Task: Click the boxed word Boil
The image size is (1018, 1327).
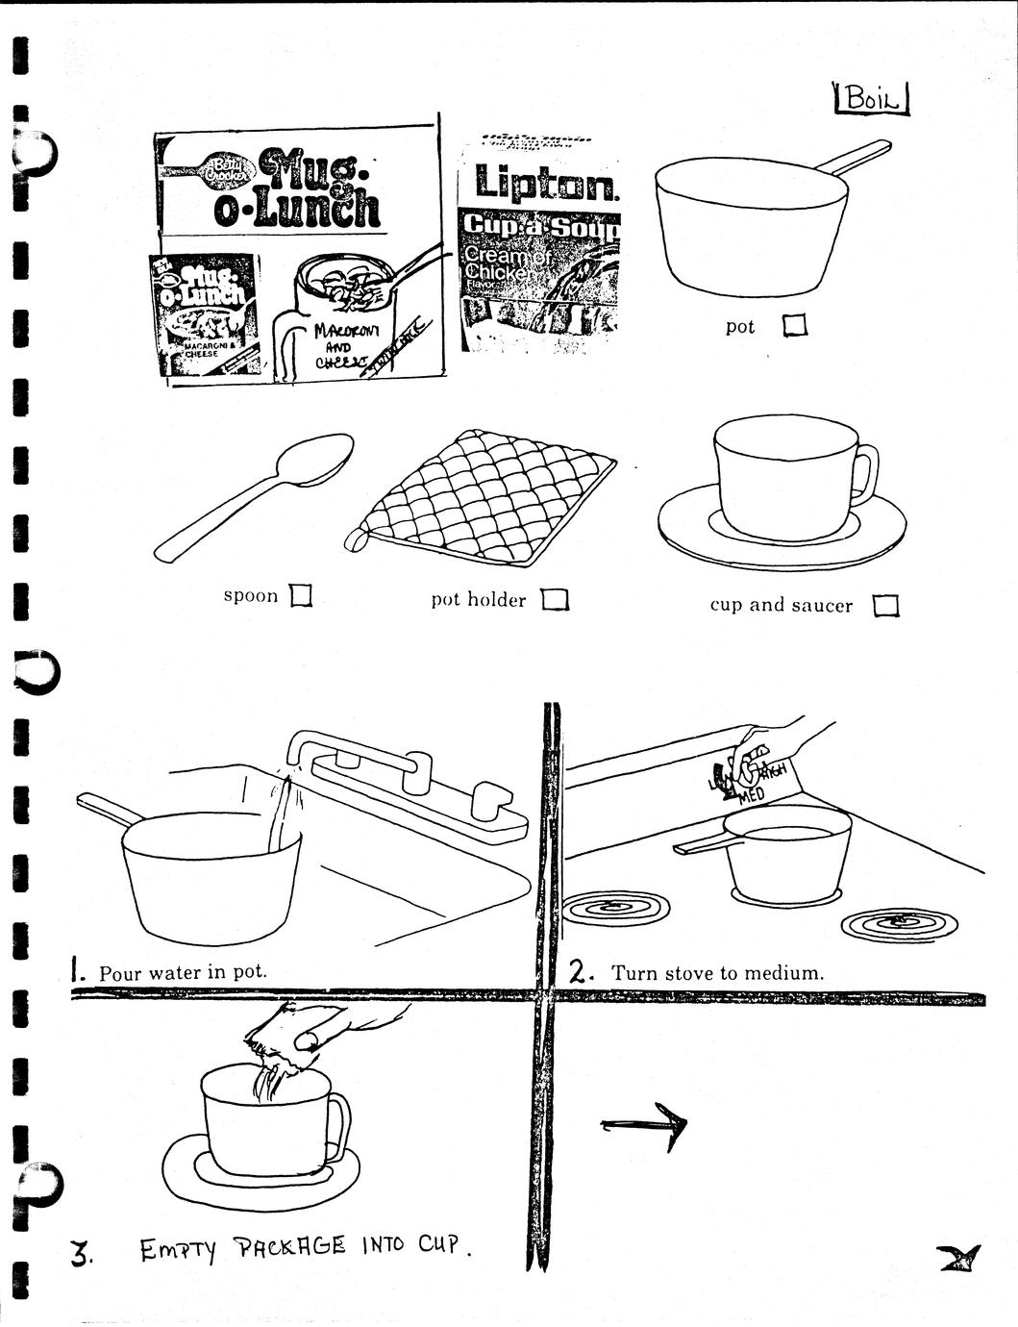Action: click(x=873, y=99)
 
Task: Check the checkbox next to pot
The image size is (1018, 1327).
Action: click(x=794, y=327)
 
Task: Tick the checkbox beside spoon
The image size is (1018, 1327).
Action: click(x=301, y=597)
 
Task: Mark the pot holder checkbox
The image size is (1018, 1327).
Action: click(x=555, y=600)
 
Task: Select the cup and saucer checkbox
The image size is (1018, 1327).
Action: click(x=885, y=606)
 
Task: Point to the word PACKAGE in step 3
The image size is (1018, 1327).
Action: click(x=290, y=1248)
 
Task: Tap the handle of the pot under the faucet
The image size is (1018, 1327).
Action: click(x=110, y=811)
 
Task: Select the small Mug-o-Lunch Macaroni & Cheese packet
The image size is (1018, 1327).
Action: click(x=205, y=314)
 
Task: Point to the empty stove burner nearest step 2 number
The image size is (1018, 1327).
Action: click(x=615, y=907)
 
